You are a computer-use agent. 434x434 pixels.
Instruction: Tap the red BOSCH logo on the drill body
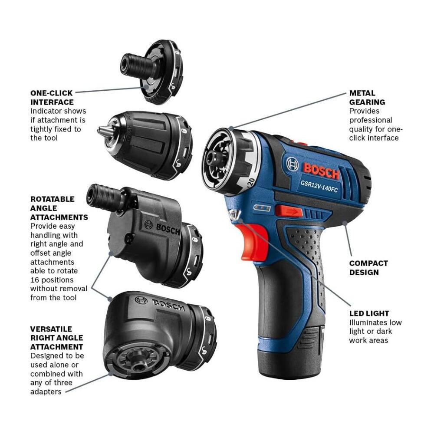coord(321,171)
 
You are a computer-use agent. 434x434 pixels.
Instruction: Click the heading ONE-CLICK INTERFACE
coord(52,98)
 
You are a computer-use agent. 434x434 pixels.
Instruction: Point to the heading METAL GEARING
coord(367,98)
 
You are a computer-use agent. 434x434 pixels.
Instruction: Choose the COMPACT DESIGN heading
coord(368,268)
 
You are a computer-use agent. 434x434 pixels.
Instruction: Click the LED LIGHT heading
coord(369,313)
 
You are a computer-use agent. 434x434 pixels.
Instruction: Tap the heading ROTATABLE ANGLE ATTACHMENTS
coord(59,208)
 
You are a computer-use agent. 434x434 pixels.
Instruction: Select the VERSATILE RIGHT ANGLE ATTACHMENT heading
coord(56,338)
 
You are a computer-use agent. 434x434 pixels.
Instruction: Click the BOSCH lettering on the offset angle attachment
coord(168,228)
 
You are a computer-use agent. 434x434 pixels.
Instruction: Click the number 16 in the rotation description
coord(35,280)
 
